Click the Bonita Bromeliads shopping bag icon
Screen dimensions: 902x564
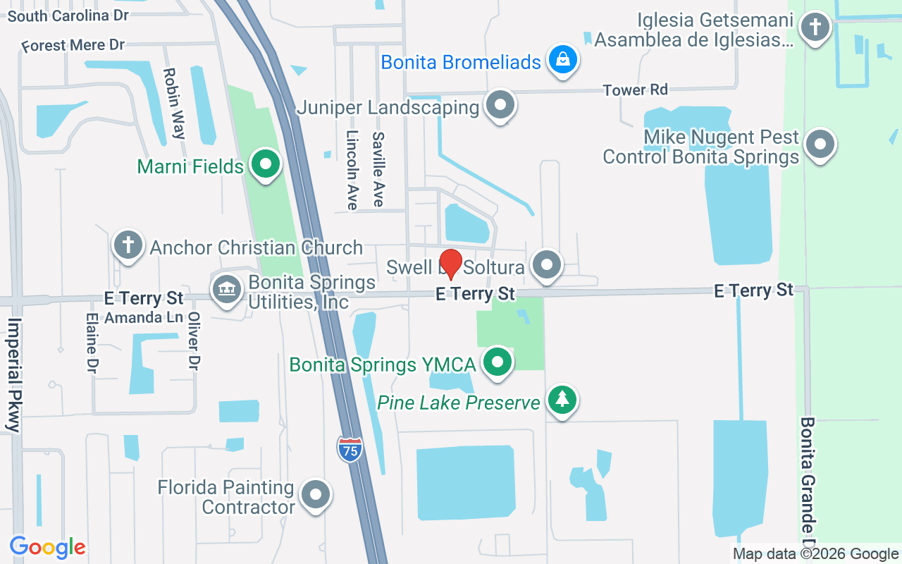pyautogui.click(x=563, y=61)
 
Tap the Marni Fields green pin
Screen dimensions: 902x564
pyautogui.click(x=266, y=166)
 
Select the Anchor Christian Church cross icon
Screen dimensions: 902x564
pyautogui.click(x=128, y=245)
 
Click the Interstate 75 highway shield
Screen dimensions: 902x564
pyautogui.click(x=350, y=449)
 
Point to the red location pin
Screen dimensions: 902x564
pyautogui.click(x=450, y=264)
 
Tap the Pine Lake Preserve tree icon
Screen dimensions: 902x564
pyautogui.click(x=562, y=400)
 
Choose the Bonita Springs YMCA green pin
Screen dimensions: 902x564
pyautogui.click(x=498, y=362)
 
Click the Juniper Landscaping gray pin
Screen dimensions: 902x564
pyautogui.click(x=500, y=106)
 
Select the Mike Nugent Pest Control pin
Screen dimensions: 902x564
pyautogui.click(x=820, y=145)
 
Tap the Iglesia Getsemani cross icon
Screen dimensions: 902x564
pyautogui.click(x=815, y=27)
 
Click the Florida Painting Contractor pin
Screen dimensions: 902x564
pyautogui.click(x=315, y=496)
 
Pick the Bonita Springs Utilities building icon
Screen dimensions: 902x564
pyautogui.click(x=226, y=290)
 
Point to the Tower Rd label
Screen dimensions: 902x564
pyautogui.click(x=635, y=90)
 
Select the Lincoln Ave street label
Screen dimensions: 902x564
pyautogui.click(x=352, y=170)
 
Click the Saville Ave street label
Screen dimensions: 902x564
pyautogui.click(x=378, y=170)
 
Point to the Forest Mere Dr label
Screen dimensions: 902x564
pyautogui.click(x=73, y=46)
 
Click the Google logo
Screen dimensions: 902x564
pyautogui.click(x=47, y=547)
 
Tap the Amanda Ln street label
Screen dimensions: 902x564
pyautogui.click(x=144, y=318)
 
